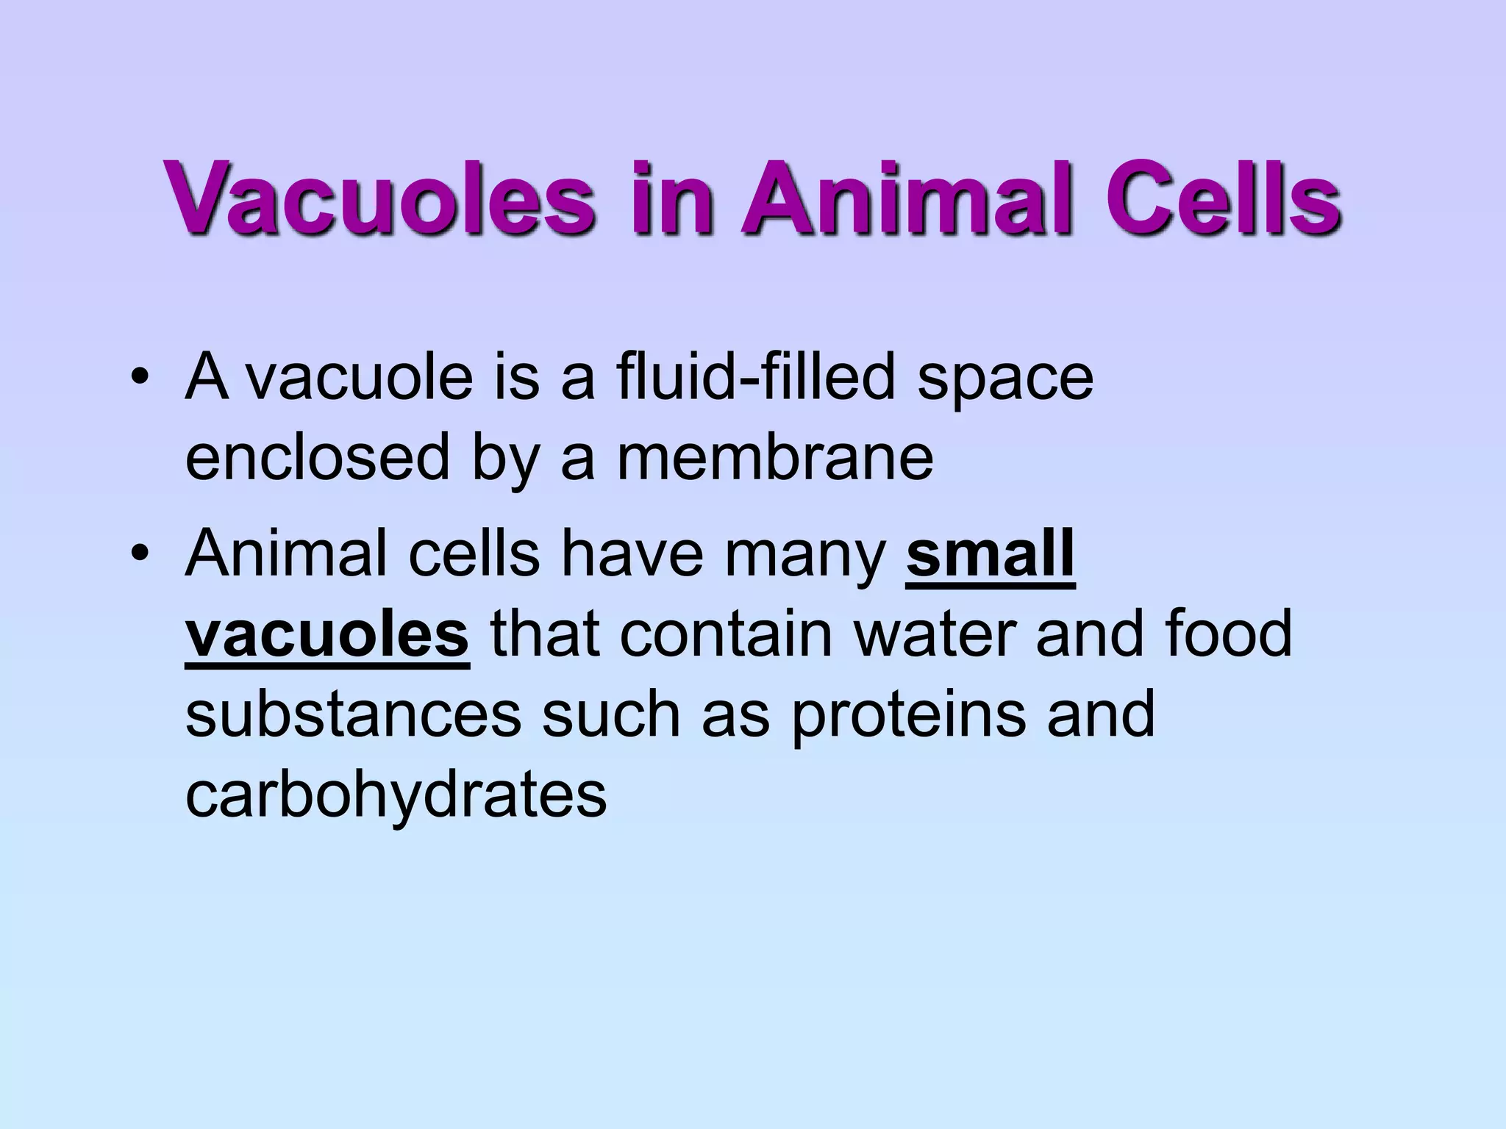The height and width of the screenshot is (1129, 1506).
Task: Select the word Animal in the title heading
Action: click(x=904, y=196)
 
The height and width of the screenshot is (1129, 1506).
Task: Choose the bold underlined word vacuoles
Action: click(x=326, y=634)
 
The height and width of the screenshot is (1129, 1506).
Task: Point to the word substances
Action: click(x=353, y=714)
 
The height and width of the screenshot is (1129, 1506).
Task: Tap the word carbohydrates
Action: click(x=396, y=795)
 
